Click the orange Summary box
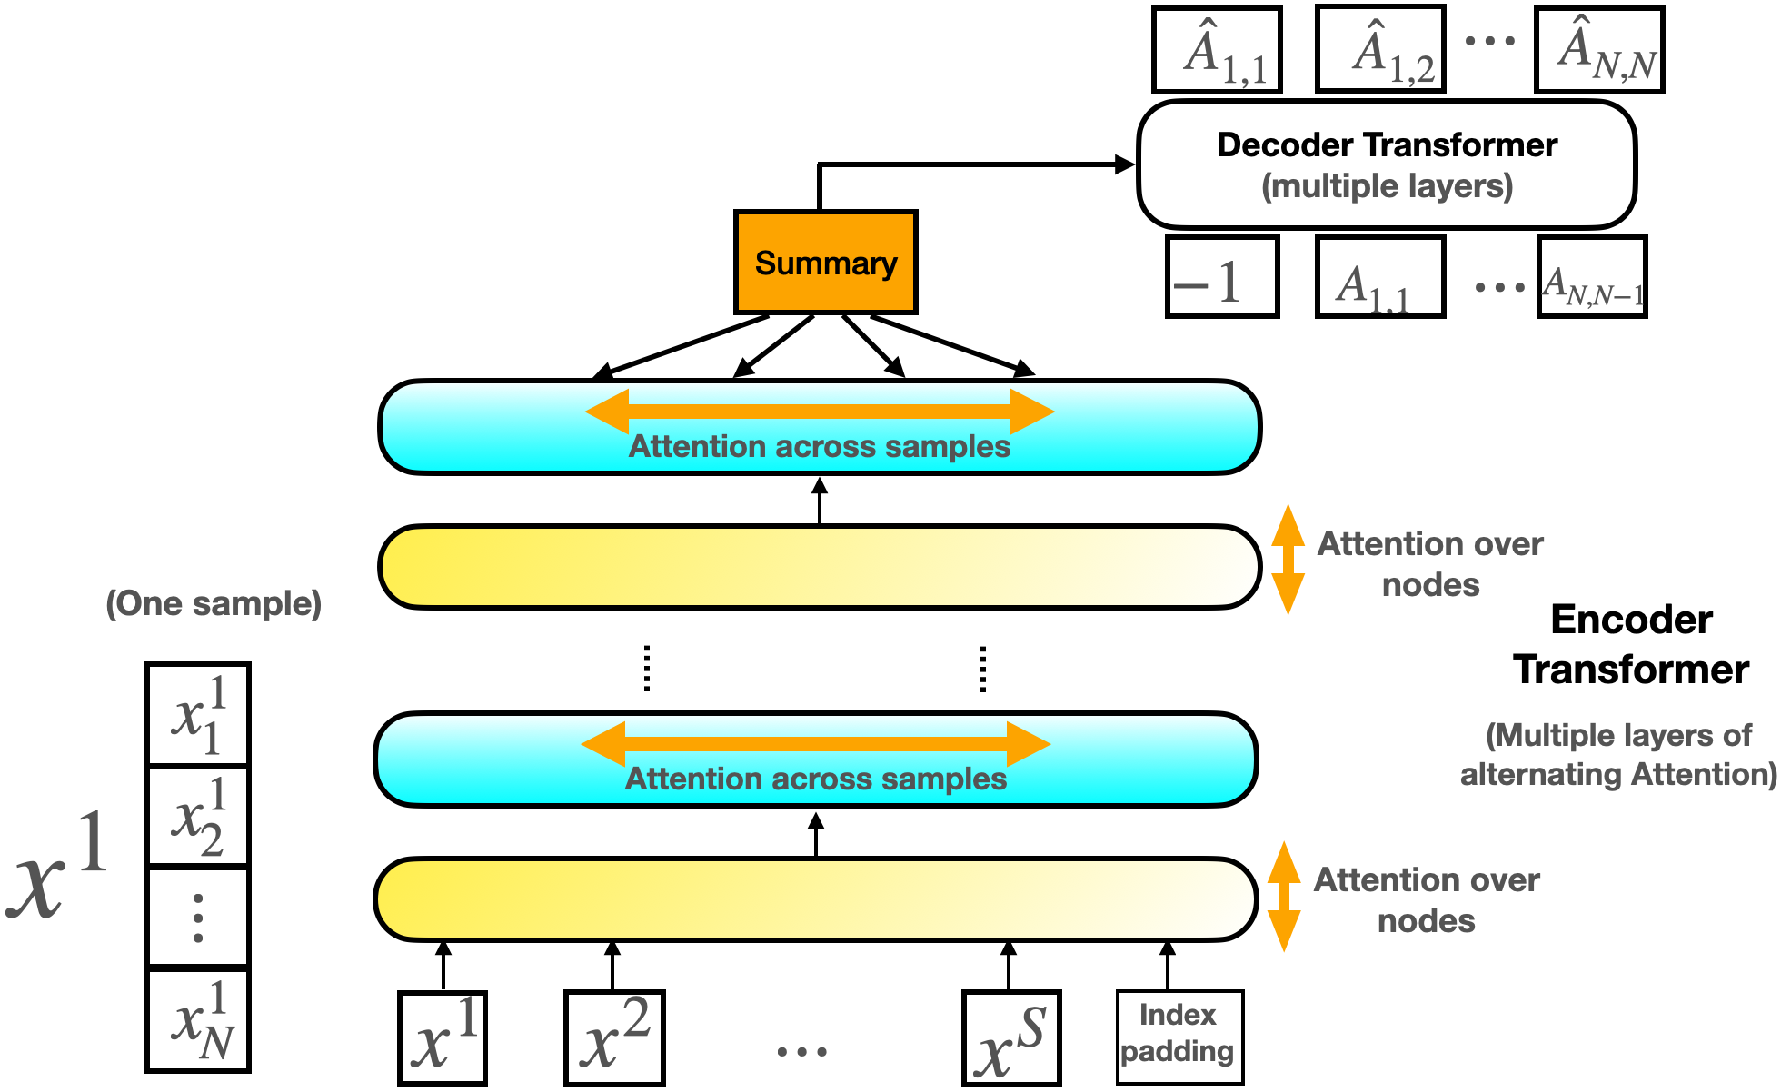point(825,263)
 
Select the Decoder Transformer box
point(1386,164)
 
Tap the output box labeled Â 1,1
point(1217,50)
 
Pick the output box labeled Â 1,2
point(1379,50)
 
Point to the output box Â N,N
point(1599,50)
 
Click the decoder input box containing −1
point(1222,277)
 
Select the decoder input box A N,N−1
point(1592,277)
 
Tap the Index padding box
point(1179,1037)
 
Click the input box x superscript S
point(1011,1038)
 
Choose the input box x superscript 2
point(614,1038)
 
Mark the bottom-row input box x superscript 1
point(443,1038)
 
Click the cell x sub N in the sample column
point(198,1020)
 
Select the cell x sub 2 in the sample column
point(198,816)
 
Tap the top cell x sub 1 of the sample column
point(198,715)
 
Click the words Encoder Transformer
point(1630,645)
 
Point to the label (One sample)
point(214,604)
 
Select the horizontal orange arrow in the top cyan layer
point(820,412)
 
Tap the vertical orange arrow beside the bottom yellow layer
point(1283,897)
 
